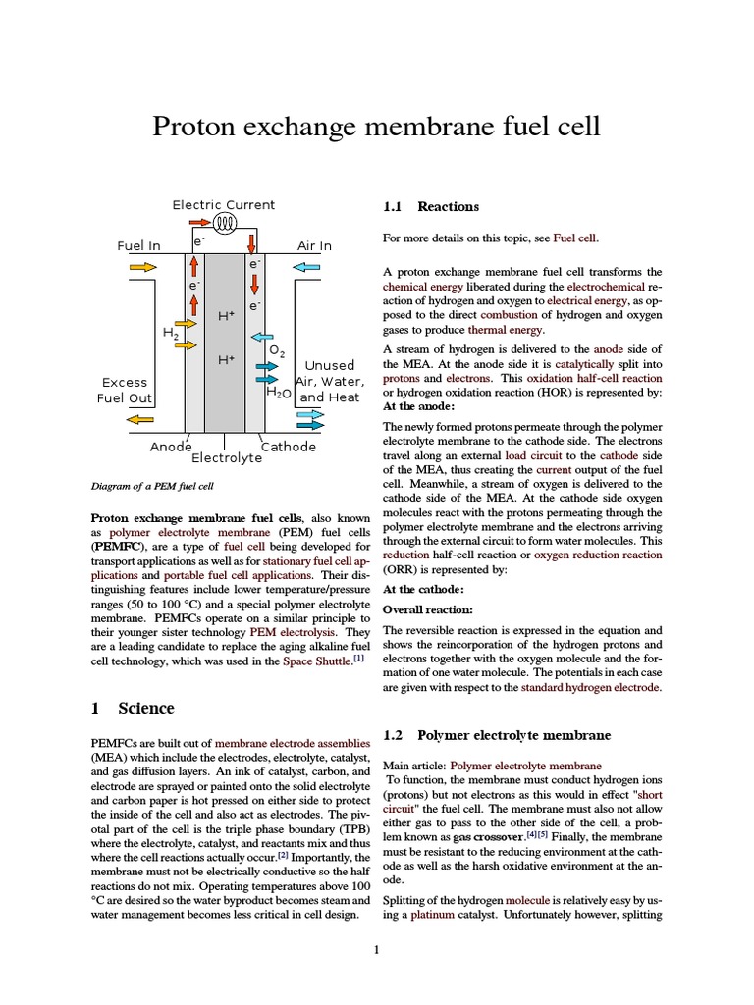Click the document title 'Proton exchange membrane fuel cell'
pos(376,127)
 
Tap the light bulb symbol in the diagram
pos(226,223)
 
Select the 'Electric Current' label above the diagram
pos(224,205)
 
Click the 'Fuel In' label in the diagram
pos(138,245)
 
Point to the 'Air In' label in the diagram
pos(314,245)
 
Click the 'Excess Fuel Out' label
pos(125,390)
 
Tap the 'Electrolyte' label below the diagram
pos(227,458)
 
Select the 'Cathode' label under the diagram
pos(289,447)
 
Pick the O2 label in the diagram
pos(277,351)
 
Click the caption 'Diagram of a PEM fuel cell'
pos(151,486)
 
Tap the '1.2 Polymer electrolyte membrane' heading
pos(497,735)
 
